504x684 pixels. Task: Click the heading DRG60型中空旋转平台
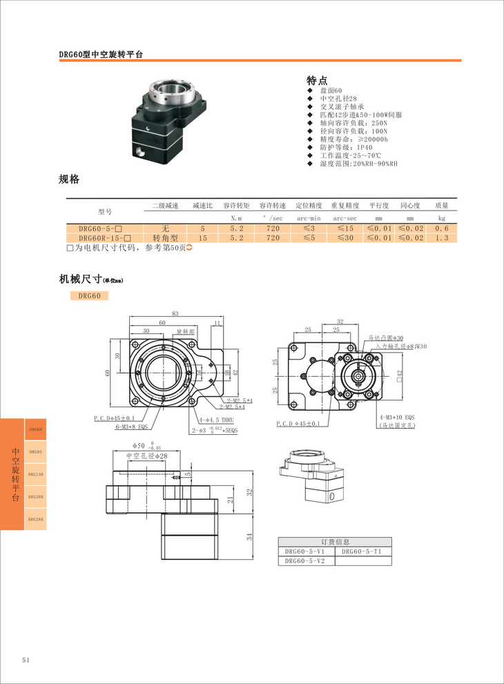coord(101,54)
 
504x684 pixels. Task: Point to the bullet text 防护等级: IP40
coord(346,147)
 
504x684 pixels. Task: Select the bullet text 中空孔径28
coord(342,99)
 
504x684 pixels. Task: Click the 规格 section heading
coord(69,179)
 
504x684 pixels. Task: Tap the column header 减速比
coord(202,206)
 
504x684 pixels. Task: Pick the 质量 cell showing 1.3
coord(442,238)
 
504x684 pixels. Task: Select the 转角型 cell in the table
coord(165,238)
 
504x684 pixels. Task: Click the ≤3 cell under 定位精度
coord(308,228)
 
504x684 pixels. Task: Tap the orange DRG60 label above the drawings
coord(89,296)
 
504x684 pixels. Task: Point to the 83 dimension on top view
coord(175,314)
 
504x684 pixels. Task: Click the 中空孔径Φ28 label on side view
coord(146,456)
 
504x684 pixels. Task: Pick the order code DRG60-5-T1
coord(361,551)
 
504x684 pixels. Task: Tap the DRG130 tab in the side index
coord(36,474)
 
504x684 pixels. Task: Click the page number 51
coord(26,660)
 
